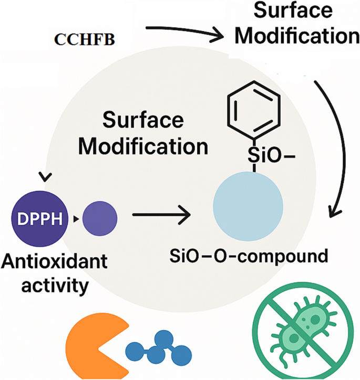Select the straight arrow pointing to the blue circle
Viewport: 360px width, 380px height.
click(161, 215)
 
